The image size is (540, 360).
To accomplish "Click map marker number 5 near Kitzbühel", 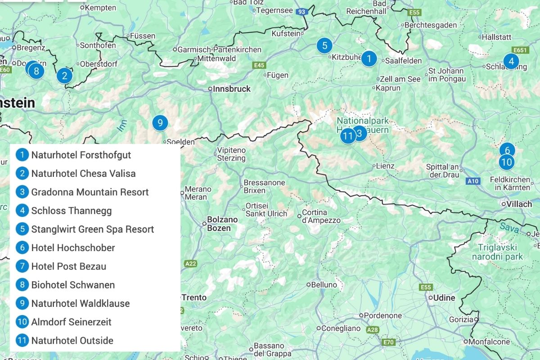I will coord(324,45).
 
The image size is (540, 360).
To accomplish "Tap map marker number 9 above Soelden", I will coord(160,122).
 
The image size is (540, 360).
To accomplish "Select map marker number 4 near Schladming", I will coord(511,61).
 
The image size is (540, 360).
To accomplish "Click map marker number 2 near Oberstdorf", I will coord(64,76).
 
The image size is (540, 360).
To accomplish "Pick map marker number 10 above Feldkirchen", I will coord(506,162).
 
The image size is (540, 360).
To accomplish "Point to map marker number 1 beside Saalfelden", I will coord(369,58).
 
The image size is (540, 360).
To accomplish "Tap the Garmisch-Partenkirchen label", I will coord(220,49).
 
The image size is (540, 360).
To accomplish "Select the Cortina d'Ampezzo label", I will coord(321,216).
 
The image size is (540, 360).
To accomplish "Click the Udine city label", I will coord(444,298).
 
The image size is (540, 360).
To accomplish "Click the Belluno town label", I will coord(324,284).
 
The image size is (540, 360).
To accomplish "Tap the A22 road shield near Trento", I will coord(190,263).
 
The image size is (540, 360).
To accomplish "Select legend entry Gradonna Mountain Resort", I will coord(90,192).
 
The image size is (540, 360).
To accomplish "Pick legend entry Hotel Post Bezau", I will coord(68,266).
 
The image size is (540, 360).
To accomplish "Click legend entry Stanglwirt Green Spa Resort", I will coord(92,229).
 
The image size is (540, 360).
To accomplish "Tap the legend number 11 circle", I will coord(22,341).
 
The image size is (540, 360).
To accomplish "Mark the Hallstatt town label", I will coord(496,37).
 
